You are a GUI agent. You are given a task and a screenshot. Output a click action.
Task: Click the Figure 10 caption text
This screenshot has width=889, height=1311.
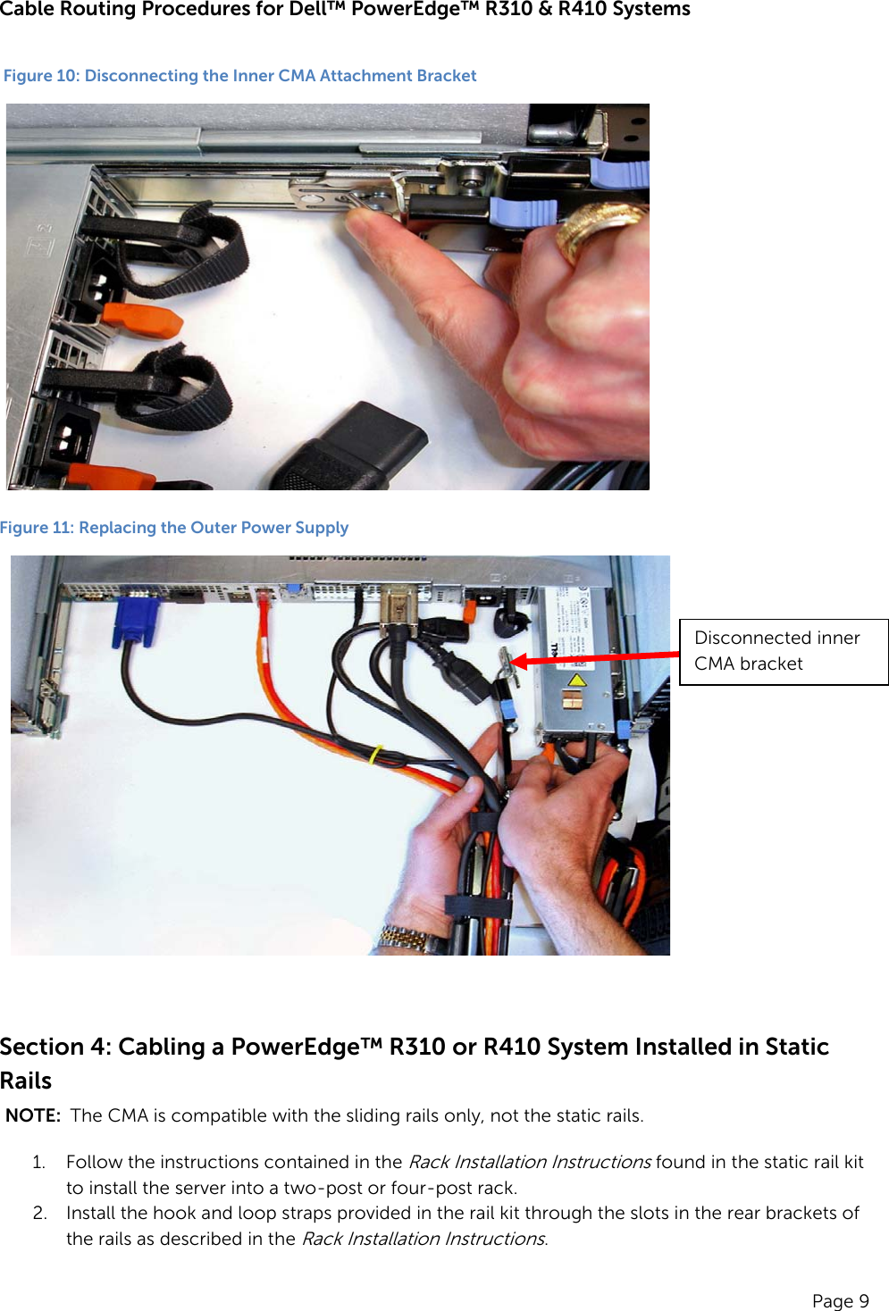[239, 76]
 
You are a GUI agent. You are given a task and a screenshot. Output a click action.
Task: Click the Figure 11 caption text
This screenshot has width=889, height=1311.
[174, 528]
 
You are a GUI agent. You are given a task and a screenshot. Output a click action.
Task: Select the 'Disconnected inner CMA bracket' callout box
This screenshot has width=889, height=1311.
[784, 651]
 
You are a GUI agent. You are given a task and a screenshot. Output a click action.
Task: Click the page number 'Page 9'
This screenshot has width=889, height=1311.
[840, 1300]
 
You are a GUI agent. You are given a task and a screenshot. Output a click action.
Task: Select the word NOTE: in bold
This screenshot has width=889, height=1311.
[33, 1115]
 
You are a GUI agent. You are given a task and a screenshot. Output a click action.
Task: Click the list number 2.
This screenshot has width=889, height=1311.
[39, 1213]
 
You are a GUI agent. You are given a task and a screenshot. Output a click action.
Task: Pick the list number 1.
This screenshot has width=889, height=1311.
[38, 1162]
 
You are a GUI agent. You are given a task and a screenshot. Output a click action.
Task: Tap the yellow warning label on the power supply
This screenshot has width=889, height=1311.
[576, 681]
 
